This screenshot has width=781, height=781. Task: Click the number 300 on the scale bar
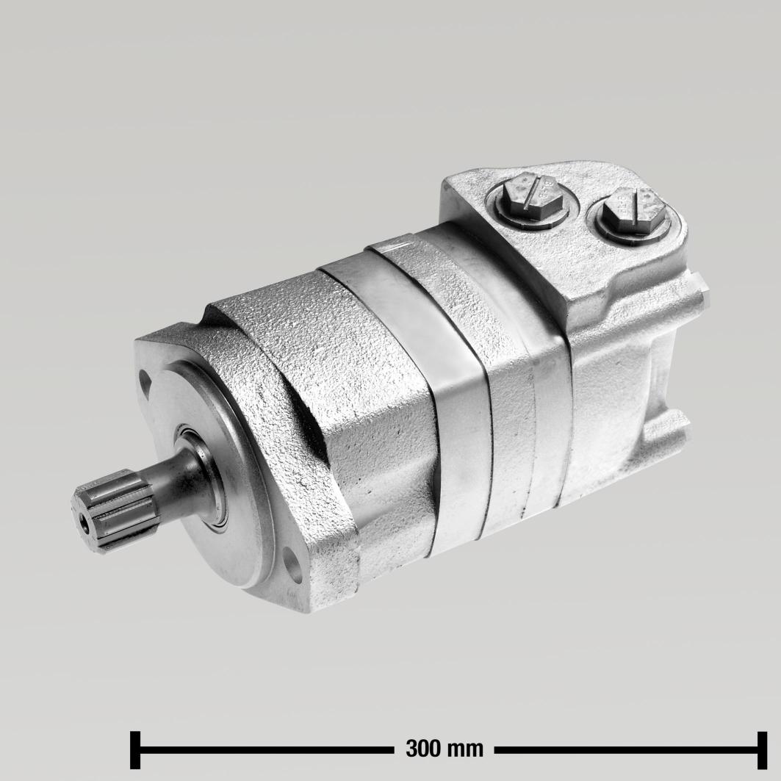point(424,749)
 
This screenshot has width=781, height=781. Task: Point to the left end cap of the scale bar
point(134,749)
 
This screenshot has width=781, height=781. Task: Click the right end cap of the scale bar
point(762,749)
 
